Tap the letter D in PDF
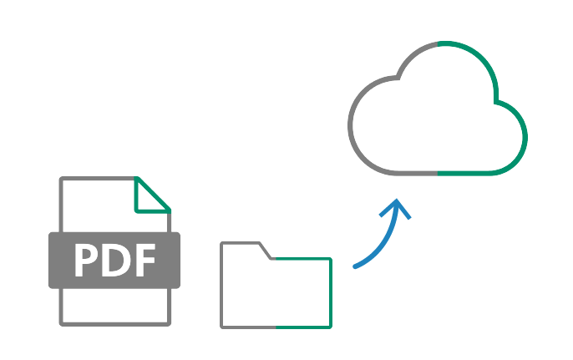coord(115,261)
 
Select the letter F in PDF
coord(144,261)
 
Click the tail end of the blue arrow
coord(356,267)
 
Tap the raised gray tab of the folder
coord(242,244)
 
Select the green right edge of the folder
coord(331,292)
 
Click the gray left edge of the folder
coord(222,284)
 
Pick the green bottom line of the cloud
coord(472,173)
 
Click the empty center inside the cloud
coord(439,125)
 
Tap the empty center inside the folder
coord(276,292)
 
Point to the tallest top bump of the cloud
coord(439,43)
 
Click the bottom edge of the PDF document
coord(115,322)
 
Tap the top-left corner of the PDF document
coord(62,180)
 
